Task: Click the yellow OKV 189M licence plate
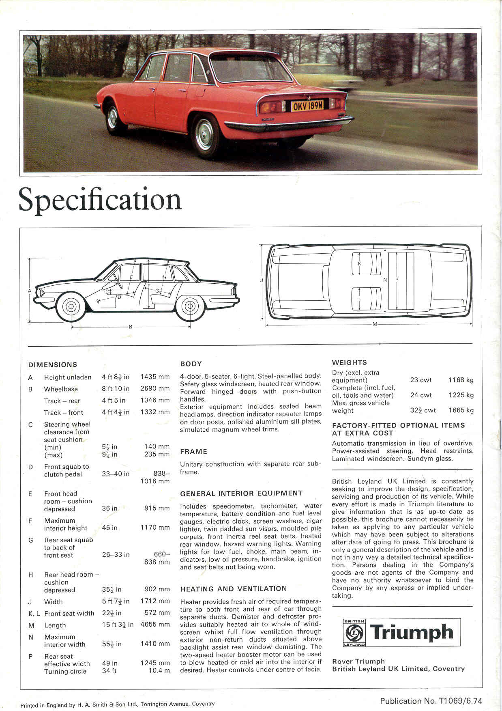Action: (307, 106)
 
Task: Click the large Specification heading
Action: (100, 200)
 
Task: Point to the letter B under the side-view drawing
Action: (131, 327)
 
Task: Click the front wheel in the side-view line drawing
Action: (71, 306)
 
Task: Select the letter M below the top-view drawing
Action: (375, 324)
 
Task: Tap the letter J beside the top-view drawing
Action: (262, 280)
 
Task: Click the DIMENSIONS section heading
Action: (53, 364)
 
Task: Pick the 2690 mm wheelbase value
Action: (155, 388)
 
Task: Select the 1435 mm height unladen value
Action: (155, 377)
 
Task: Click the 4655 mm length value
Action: (155, 625)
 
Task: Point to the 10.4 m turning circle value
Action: (159, 670)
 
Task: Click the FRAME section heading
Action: (193, 451)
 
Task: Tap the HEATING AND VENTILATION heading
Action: (233, 588)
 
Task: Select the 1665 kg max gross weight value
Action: (461, 410)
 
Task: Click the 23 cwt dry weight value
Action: (421, 380)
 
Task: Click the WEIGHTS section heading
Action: (349, 362)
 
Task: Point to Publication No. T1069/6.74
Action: (431, 700)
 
